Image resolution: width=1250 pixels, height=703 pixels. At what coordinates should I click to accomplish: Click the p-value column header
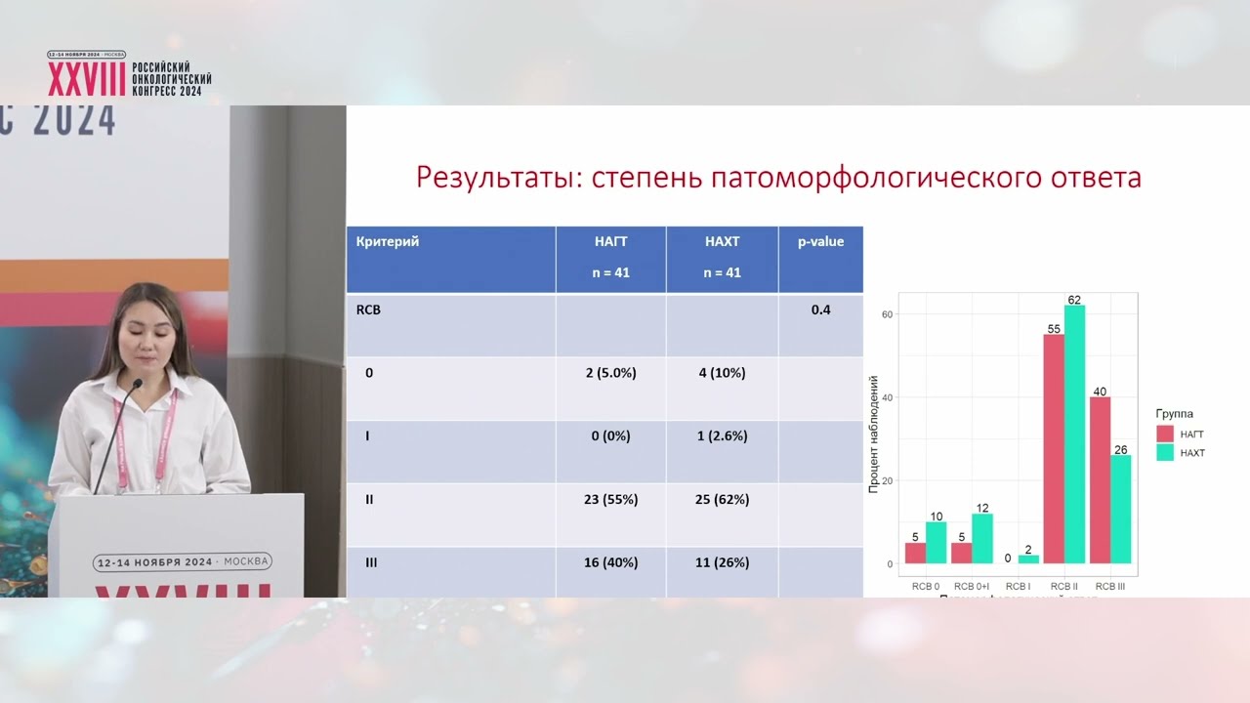tap(820, 241)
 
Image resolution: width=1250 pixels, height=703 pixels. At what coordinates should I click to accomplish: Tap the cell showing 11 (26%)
tap(723, 562)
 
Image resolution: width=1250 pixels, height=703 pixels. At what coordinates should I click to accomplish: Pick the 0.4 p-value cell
tap(820, 311)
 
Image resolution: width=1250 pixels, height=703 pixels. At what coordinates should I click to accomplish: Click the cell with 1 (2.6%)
tap(723, 436)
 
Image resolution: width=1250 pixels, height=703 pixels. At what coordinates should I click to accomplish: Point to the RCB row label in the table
tap(369, 311)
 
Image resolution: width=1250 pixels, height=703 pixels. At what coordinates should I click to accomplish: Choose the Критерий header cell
tap(388, 241)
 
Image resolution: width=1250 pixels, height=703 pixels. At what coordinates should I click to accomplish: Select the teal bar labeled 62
tap(1074, 434)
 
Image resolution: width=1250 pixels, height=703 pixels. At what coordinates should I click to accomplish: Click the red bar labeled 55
tap(1054, 449)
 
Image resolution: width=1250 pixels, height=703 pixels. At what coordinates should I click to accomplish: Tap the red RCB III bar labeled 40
tap(1100, 480)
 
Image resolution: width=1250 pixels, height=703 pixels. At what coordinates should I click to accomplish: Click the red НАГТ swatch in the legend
tap(1164, 433)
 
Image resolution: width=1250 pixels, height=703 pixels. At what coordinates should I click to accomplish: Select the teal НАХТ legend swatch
tap(1164, 453)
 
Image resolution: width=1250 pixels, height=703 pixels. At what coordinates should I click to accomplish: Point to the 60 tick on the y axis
tap(888, 314)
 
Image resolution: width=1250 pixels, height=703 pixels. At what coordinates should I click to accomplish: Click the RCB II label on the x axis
tap(1063, 586)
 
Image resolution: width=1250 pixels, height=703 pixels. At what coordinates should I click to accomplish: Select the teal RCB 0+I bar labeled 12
tap(982, 539)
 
